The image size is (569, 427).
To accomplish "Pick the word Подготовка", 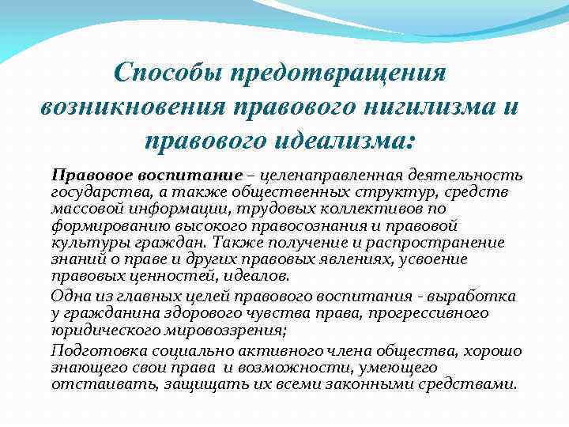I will coord(90,350).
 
